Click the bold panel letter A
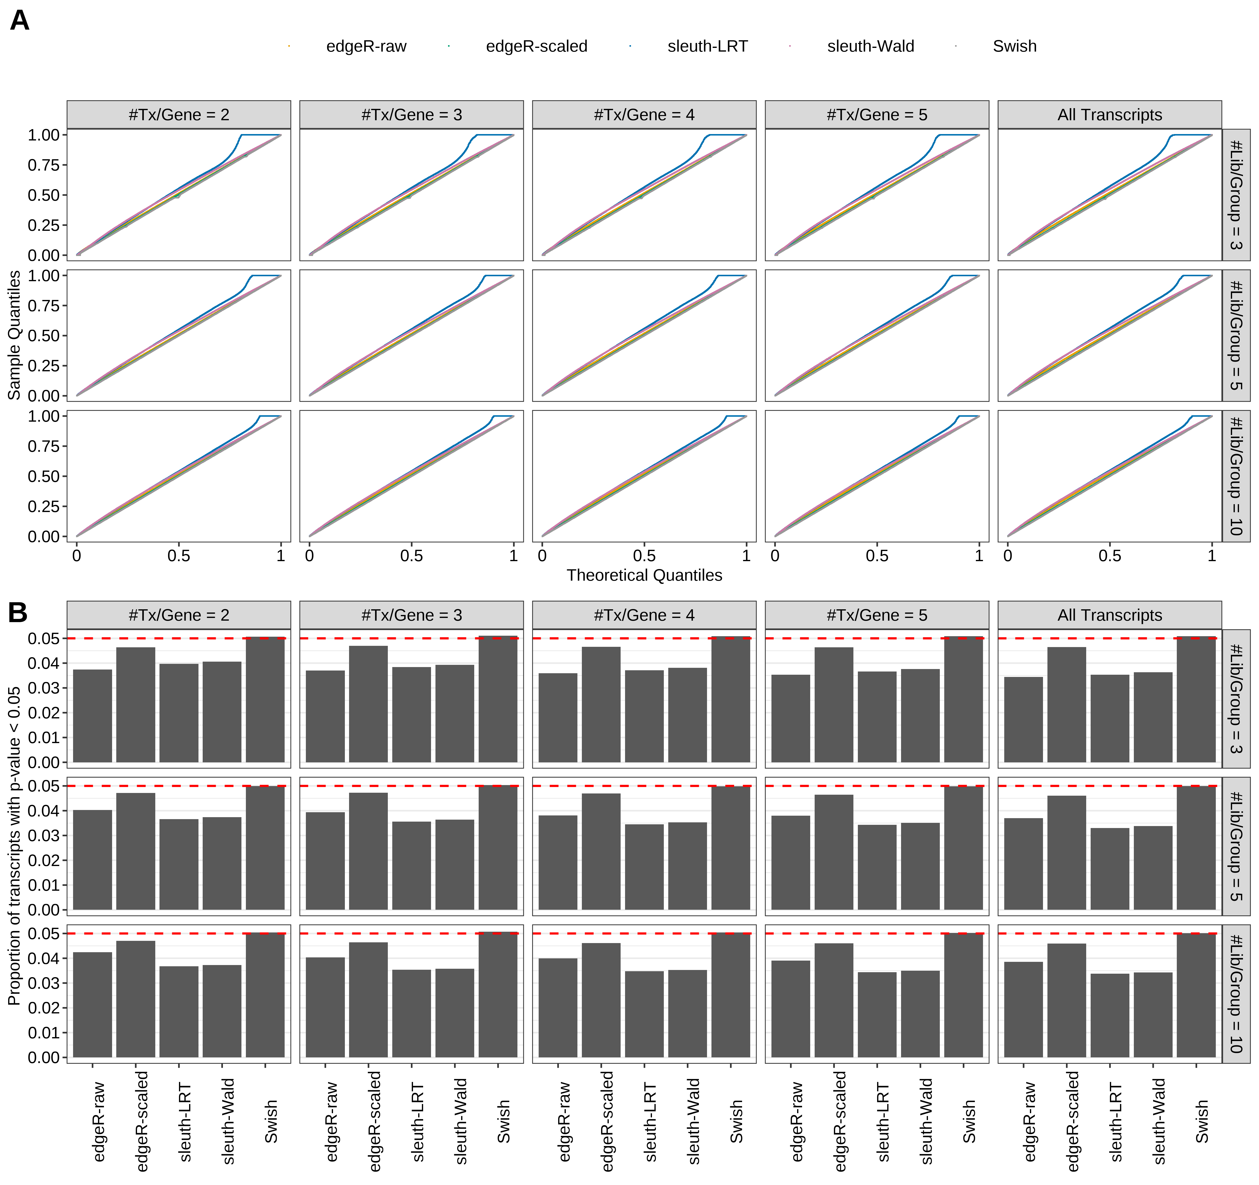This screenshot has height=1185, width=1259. point(20,21)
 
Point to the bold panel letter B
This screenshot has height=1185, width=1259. point(18,612)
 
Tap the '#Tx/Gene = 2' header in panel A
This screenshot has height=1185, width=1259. point(178,115)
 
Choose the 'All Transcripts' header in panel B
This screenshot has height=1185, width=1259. point(1110,615)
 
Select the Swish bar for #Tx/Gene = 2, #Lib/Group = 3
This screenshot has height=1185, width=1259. point(265,700)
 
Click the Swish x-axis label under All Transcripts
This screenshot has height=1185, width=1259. point(1201,1121)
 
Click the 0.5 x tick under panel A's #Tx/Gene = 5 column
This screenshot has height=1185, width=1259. point(877,556)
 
